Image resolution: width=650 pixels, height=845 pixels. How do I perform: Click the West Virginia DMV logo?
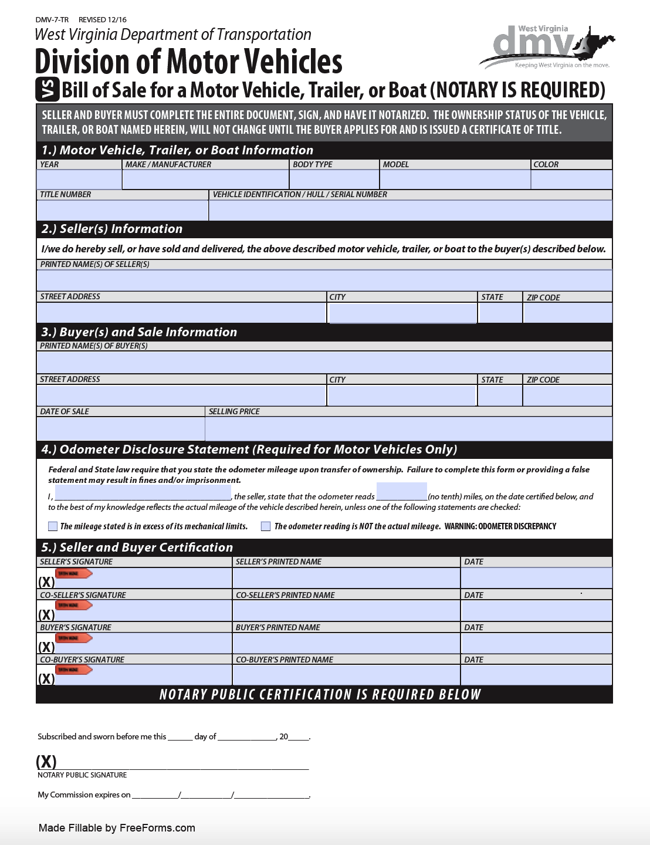point(546,48)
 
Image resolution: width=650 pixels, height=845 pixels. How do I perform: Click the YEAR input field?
point(79,180)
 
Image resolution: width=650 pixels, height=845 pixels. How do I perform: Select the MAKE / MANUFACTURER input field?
point(205,180)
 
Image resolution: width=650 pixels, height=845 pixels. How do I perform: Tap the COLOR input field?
point(571,180)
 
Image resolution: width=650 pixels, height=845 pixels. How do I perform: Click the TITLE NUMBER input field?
point(122,210)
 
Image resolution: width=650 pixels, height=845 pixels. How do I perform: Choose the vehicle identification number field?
point(410,210)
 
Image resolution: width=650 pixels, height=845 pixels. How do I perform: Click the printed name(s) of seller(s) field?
point(324,280)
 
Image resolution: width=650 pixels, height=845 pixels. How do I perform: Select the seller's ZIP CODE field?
point(567,313)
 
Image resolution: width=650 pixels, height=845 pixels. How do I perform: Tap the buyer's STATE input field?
point(500,396)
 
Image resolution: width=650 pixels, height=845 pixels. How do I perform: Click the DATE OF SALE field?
point(120,428)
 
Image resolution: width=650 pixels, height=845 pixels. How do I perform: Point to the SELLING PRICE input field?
point(408,428)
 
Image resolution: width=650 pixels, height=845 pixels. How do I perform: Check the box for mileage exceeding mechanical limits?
point(53,526)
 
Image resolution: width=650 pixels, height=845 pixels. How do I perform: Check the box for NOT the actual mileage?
point(266,526)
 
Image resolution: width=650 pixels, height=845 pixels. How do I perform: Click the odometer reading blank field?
point(401,491)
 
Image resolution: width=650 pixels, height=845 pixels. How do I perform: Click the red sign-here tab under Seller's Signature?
point(73,573)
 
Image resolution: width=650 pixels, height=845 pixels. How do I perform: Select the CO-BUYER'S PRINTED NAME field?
point(346,675)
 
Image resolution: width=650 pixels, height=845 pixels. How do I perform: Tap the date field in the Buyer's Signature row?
point(536,643)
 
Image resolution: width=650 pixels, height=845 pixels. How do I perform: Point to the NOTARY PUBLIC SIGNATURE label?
point(82,775)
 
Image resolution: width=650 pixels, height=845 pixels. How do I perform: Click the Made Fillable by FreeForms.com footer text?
point(117,828)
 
